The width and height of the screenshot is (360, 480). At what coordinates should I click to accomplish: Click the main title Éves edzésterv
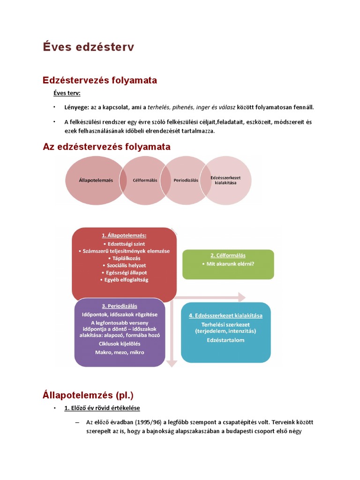point(89,47)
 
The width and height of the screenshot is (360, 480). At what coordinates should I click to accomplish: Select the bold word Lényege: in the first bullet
point(77,107)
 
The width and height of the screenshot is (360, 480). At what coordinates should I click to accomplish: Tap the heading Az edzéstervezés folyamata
point(106,147)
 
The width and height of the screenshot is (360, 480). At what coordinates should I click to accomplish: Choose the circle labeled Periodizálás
point(186,180)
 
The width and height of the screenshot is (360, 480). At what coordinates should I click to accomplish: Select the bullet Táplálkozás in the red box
point(124,258)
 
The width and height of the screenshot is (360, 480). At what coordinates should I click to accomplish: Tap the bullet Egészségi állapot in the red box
point(124,272)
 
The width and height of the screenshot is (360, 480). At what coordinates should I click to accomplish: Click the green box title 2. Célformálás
point(228,255)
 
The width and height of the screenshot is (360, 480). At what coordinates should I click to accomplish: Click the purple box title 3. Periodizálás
point(120,306)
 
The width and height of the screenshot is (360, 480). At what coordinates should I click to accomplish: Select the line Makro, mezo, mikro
point(120,352)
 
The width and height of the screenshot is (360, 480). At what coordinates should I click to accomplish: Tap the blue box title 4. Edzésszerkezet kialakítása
point(225,315)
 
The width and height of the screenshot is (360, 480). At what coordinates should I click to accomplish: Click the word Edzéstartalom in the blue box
point(225,340)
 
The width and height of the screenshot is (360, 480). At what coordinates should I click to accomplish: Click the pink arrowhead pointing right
point(241,297)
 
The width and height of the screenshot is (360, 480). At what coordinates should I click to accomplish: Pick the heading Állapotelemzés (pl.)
point(91,395)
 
